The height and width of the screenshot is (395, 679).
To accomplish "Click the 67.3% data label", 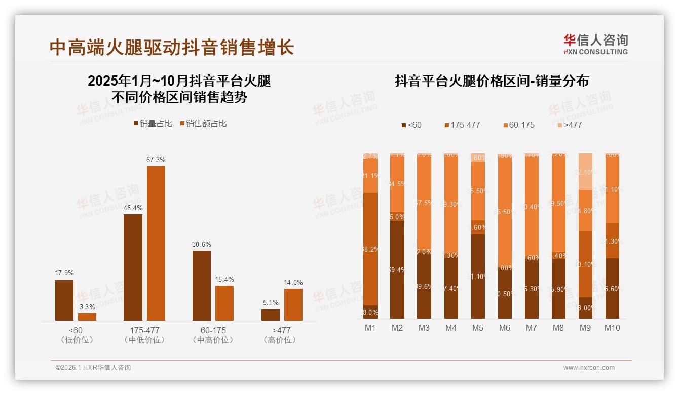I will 156,160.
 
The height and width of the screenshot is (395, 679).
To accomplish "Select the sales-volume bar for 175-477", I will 133,267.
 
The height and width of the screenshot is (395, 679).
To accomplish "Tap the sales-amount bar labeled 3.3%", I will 87,317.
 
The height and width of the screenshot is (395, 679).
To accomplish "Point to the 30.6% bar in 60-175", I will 202,285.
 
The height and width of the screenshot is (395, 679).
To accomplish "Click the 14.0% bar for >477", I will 293,304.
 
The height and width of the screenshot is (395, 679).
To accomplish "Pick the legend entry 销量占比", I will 153,123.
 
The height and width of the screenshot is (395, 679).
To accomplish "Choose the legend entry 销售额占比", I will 203,123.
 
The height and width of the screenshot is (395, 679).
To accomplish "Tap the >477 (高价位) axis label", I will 280,335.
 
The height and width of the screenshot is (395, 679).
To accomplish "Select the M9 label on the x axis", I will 585,328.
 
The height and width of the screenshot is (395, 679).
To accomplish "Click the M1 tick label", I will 370,328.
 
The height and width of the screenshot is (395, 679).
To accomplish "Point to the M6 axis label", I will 504,328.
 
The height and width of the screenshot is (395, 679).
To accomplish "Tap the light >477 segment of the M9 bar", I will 585,171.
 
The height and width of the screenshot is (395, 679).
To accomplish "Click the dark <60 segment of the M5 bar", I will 478,276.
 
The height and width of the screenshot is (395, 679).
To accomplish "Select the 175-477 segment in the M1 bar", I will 370,249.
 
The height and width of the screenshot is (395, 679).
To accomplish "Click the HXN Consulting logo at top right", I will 595,44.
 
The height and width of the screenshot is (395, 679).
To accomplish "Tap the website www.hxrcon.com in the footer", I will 589,368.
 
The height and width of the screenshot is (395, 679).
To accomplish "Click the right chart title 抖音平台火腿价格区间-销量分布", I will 492,81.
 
